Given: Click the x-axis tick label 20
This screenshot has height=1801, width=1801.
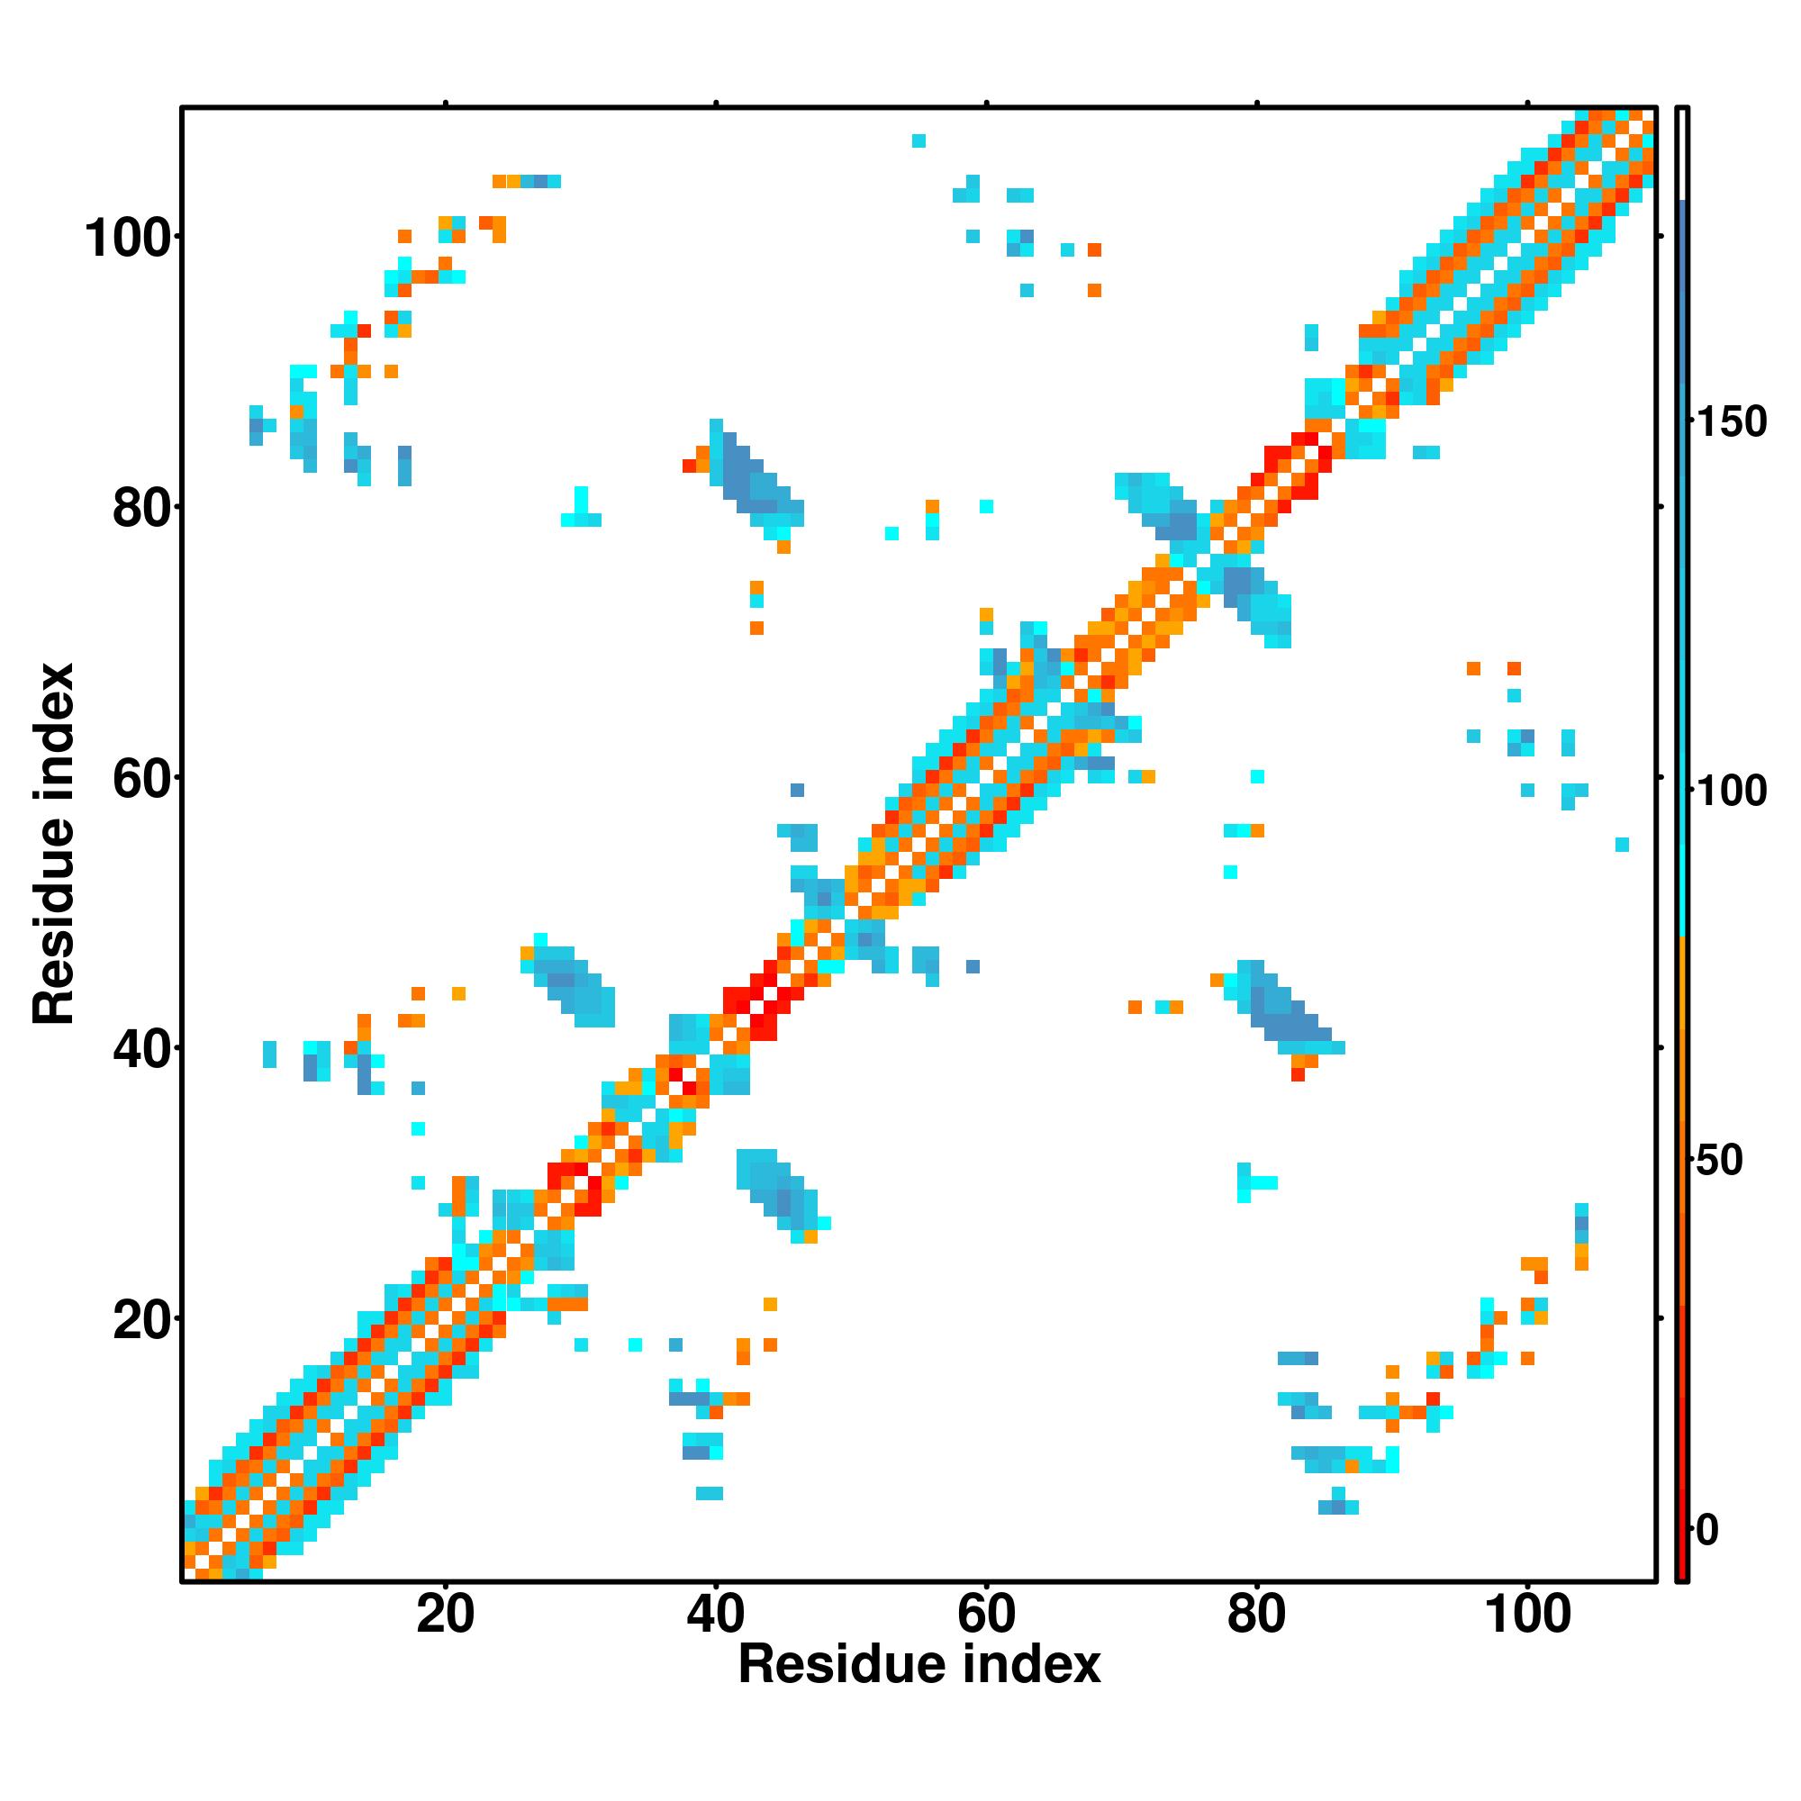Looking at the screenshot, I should coord(445,1614).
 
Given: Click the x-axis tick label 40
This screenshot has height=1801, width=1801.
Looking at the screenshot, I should coord(715,1614).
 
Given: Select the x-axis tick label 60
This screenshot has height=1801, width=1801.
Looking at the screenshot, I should coord(986,1614).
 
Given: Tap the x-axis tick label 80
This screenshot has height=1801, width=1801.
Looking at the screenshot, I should coord(1256,1614).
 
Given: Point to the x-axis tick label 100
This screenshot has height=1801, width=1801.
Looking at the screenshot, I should coord(1526,1614).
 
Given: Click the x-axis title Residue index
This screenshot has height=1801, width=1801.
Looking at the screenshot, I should coord(919,1665).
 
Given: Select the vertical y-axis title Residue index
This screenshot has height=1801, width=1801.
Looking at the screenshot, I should coord(53,844).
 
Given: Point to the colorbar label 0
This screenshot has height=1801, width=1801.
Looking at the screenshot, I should coord(1706,1530).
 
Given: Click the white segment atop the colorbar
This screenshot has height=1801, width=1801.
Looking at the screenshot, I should coord(1683,155).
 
